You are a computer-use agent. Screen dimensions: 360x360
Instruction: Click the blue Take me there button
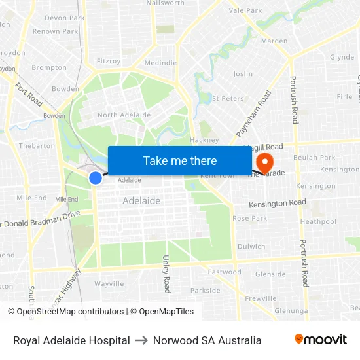[180, 160]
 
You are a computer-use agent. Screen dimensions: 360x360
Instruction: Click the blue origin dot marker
[96, 177]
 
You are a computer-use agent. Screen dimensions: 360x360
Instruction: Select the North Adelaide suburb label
[124, 115]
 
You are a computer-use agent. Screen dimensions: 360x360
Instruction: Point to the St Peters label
[228, 99]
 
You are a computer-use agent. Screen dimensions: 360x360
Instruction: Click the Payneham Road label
[253, 113]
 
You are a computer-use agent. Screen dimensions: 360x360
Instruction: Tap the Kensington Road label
[278, 203]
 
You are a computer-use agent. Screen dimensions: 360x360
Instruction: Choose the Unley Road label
[166, 274]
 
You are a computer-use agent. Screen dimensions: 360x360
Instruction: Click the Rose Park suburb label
[249, 218]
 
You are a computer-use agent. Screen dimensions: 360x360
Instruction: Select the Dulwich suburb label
[251, 247]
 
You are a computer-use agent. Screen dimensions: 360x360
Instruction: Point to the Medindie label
[160, 63]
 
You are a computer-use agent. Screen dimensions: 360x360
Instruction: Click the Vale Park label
[245, 10]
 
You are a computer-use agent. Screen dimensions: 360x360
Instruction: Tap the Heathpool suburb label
[318, 222]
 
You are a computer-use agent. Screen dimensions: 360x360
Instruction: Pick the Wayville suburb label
[109, 284]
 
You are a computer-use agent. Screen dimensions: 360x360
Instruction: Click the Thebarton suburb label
[37, 146]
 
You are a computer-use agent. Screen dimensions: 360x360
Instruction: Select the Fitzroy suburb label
[109, 62]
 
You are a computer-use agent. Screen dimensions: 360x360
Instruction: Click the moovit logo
[321, 340]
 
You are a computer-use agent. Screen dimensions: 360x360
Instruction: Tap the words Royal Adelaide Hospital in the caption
[71, 340]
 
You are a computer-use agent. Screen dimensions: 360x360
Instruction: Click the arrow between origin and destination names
[141, 340]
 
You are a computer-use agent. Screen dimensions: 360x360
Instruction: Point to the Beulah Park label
[314, 158]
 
